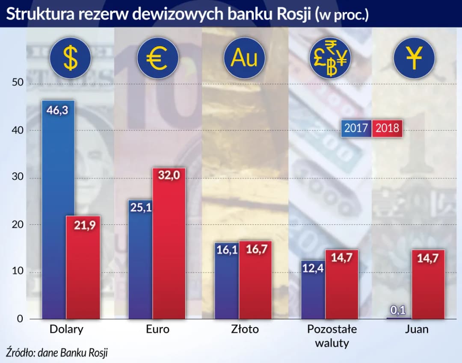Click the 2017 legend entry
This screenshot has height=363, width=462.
click(x=356, y=128)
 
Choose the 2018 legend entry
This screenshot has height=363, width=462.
click(x=387, y=128)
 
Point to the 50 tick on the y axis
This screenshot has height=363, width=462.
click(x=17, y=83)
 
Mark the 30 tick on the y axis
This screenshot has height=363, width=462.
click(x=17, y=178)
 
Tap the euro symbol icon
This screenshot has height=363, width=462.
click(x=157, y=58)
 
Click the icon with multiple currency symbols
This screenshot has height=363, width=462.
click(x=330, y=58)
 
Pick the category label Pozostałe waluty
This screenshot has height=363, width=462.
click(x=332, y=336)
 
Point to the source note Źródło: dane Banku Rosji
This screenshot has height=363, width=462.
click(x=57, y=353)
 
